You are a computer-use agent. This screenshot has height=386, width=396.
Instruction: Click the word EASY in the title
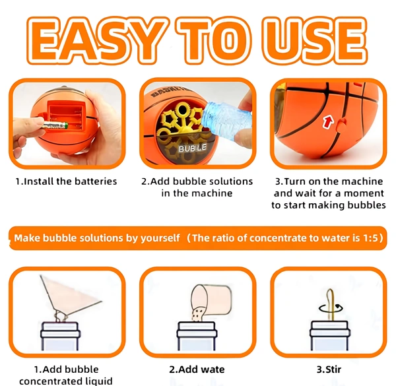click(98, 40)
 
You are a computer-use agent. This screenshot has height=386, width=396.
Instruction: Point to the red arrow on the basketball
click(328, 121)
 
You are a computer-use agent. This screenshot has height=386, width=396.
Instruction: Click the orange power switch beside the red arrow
click(341, 123)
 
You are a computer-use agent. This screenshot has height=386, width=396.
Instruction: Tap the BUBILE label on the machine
click(193, 148)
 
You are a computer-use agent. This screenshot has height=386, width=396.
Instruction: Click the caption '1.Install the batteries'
click(66, 181)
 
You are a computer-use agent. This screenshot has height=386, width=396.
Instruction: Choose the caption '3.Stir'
click(329, 370)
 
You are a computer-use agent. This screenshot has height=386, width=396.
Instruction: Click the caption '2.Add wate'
click(197, 370)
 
